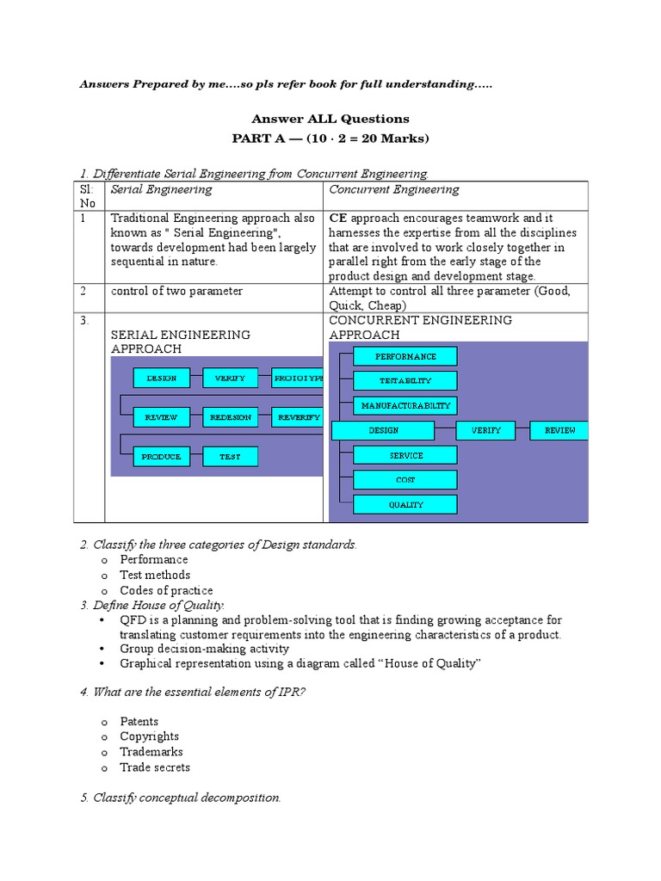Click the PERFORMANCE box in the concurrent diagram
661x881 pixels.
405,356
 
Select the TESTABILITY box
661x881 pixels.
405,380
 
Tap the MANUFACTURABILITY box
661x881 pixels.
405,405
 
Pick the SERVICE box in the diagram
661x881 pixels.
405,455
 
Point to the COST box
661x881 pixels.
405,480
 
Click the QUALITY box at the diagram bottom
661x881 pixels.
405,505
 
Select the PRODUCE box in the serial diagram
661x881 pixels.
161,457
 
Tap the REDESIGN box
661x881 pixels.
231,417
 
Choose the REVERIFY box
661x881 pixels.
298,417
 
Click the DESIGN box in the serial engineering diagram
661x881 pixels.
161,378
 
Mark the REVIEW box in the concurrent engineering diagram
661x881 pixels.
559,430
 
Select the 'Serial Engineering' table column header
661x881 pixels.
161,189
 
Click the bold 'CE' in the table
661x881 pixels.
337,219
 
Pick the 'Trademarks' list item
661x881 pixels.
151,752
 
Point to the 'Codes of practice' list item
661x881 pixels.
166,590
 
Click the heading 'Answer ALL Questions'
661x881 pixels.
330,119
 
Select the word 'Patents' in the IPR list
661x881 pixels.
139,721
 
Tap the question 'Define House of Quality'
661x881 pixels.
151,606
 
